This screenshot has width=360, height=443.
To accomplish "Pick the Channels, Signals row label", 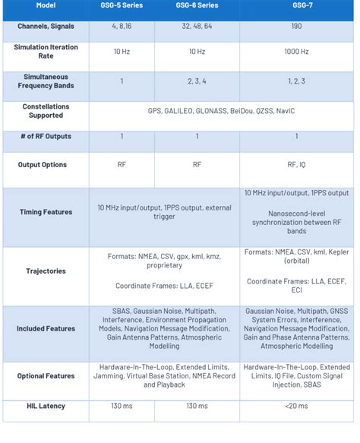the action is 45,27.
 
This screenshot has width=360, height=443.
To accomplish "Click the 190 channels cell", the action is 296,27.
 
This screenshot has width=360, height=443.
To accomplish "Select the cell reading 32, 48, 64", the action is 197,27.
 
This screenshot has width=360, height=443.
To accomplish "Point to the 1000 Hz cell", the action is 296,52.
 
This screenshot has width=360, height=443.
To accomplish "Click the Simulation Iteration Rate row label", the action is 45,52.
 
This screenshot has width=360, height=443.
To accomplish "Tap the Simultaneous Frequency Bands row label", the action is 45,81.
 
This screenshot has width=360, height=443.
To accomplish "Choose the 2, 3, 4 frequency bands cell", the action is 197,81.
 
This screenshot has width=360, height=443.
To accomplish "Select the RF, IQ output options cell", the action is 296,164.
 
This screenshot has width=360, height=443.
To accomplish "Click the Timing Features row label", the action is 45,212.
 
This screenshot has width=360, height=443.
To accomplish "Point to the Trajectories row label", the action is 45,271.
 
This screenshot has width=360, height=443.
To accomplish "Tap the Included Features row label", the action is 45,328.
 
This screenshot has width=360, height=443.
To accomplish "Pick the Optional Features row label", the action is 45,375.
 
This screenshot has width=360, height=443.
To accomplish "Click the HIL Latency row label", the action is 45,406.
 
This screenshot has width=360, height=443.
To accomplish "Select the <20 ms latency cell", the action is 296,406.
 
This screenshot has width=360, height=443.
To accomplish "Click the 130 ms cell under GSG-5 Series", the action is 122,406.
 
